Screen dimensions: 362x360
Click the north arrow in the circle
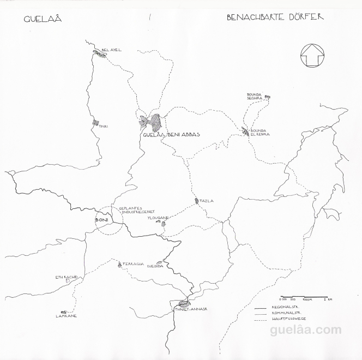click(x=312, y=55)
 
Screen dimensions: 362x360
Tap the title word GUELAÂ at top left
click(x=43, y=20)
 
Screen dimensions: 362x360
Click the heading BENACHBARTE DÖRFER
click(x=275, y=17)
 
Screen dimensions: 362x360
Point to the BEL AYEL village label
click(x=111, y=50)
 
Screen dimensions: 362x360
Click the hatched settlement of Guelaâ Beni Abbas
click(x=151, y=122)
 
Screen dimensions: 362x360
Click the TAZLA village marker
click(x=197, y=201)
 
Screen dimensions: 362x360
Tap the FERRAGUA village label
click(x=134, y=264)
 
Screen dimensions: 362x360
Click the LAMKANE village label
click(x=66, y=315)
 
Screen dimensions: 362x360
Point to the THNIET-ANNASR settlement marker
click(x=184, y=303)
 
